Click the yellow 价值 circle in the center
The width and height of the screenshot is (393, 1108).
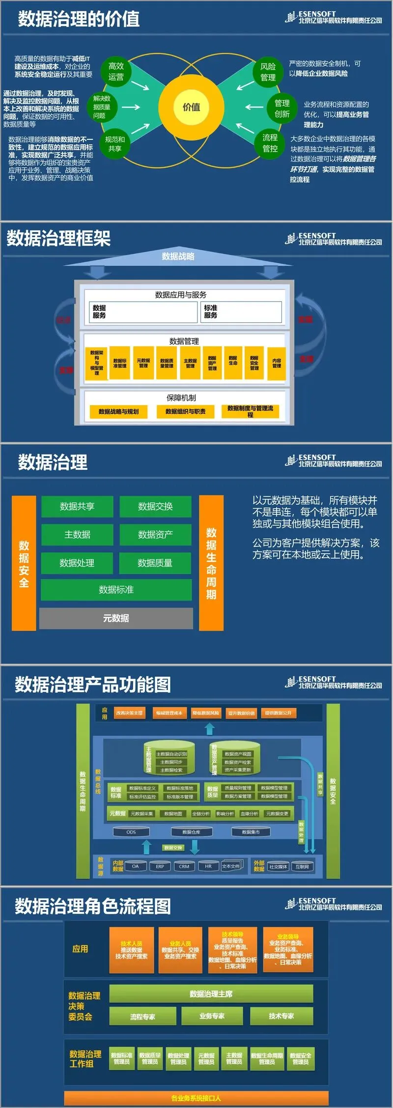tap(191, 107)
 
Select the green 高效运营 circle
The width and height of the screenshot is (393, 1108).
tap(116, 72)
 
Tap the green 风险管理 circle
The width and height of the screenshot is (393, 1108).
tap(268, 72)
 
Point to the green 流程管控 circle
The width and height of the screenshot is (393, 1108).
tap(270, 143)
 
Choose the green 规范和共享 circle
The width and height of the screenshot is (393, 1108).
tap(115, 144)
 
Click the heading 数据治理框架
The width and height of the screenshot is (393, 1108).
tap(58, 238)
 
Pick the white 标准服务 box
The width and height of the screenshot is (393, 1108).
tap(241, 312)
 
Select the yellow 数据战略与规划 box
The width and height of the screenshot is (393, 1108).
tap(118, 412)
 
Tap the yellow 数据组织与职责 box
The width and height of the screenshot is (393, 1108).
tap(185, 412)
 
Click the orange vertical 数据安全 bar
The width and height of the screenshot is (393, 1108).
tap(24, 563)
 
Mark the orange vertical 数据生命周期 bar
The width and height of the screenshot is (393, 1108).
tap(211, 563)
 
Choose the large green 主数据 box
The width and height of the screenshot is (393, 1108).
tap(77, 535)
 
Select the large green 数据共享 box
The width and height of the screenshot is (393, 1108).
tap(77, 506)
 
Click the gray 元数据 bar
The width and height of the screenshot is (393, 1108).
tap(116, 618)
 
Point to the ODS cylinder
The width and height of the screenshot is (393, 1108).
tap(131, 832)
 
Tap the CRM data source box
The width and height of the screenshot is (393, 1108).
tap(184, 866)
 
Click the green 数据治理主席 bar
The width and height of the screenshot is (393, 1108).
tap(211, 994)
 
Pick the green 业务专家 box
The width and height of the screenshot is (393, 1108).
tap(212, 1016)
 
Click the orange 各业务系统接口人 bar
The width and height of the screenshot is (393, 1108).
tap(196, 1098)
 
